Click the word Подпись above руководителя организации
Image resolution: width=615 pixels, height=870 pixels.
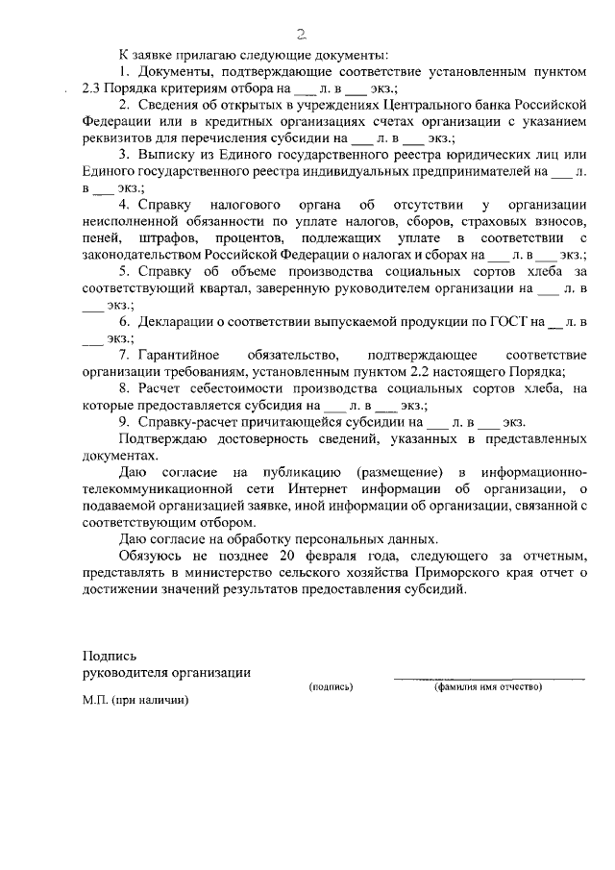(x=104, y=654)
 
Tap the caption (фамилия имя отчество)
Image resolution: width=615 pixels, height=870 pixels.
(x=488, y=686)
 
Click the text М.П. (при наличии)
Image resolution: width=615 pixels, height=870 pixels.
(x=135, y=701)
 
